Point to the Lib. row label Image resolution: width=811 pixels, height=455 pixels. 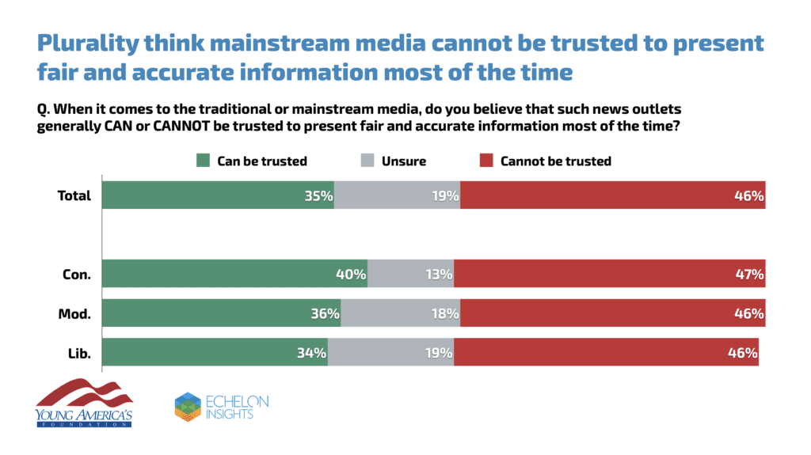80,353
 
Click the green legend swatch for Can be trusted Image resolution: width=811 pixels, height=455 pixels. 204,161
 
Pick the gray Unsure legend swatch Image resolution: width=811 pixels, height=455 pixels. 368,161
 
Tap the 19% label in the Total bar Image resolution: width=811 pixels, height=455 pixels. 446,195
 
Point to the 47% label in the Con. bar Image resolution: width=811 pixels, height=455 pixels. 749,275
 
